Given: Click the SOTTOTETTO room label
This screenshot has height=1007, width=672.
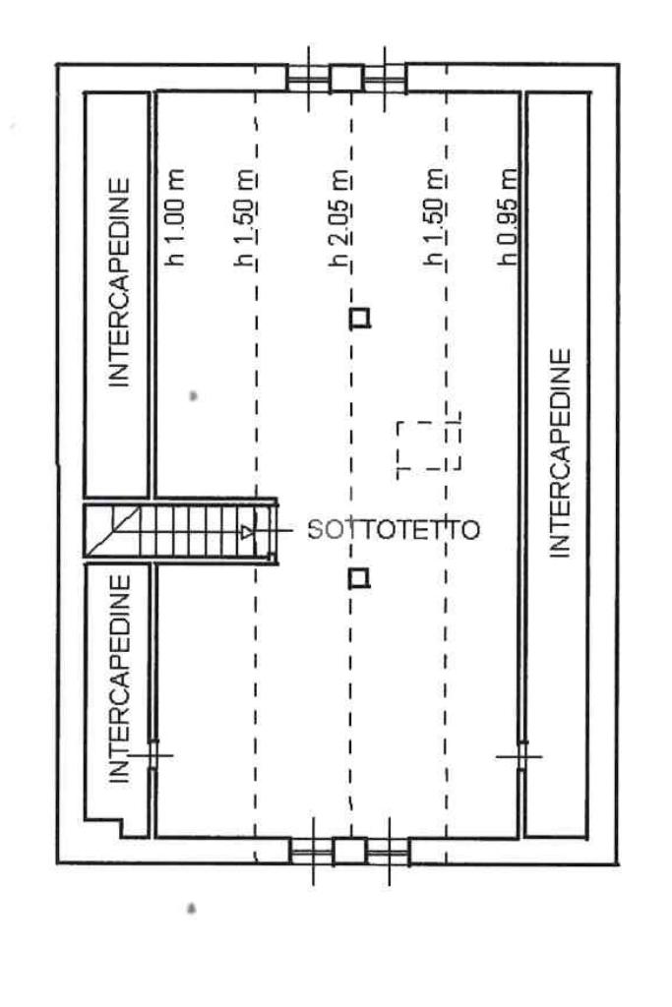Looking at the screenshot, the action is click(394, 530).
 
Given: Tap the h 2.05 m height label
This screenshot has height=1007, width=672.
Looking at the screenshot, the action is click(341, 218).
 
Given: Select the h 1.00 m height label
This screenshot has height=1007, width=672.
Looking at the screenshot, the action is click(175, 218).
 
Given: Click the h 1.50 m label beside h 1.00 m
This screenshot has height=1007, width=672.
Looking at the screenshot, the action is click(247, 218).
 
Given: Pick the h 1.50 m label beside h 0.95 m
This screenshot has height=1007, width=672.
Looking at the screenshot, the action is click(433, 218).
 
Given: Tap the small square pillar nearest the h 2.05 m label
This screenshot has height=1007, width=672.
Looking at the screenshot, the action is click(361, 318).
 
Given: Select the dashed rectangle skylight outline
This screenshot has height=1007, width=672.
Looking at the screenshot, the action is click(429, 447).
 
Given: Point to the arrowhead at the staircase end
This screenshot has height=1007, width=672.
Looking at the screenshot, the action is click(247, 532).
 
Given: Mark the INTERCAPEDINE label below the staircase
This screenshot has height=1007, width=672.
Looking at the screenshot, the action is click(120, 679).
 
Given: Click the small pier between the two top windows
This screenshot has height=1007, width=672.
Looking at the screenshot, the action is click(344, 77).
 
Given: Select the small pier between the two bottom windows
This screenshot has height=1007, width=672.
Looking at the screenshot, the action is click(348, 851).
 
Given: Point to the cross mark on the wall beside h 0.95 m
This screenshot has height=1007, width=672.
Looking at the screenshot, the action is click(519, 755).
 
